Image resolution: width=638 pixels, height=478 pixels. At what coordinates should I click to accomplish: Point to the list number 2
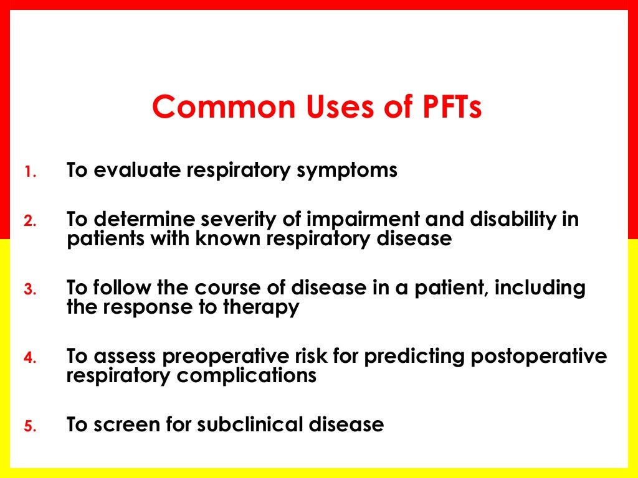[x=31, y=222]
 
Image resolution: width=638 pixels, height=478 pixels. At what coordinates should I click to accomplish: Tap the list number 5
[x=31, y=428]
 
